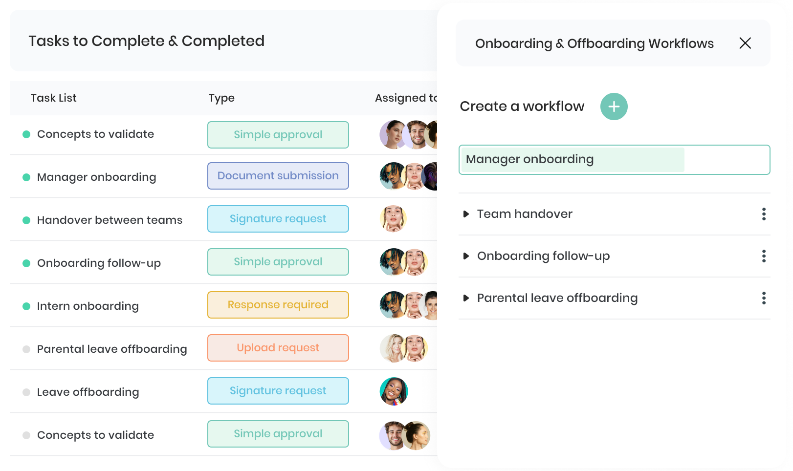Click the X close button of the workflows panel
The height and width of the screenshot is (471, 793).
(745, 43)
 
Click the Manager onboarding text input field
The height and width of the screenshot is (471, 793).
(614, 160)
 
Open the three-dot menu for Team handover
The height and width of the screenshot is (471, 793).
(764, 214)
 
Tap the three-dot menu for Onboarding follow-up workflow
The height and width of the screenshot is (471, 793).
(764, 256)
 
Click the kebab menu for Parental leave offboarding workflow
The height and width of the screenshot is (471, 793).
(764, 299)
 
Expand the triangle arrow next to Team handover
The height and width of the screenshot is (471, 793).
(466, 214)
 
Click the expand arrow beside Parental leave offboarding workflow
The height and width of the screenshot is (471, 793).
(466, 299)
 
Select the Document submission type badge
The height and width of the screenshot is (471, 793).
(278, 176)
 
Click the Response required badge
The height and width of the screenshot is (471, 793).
(278, 305)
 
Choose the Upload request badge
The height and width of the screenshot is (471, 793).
(278, 348)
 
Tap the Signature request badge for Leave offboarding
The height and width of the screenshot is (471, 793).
(278, 391)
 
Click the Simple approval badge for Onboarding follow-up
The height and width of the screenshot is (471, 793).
(278, 262)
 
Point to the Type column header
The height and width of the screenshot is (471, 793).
(221, 98)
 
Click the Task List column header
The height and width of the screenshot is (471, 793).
(53, 98)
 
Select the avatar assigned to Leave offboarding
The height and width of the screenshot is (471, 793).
(394, 391)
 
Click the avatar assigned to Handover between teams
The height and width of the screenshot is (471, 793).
(393, 219)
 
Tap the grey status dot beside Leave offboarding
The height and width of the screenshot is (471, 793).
(26, 392)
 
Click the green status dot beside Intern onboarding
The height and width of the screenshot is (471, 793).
(26, 306)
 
